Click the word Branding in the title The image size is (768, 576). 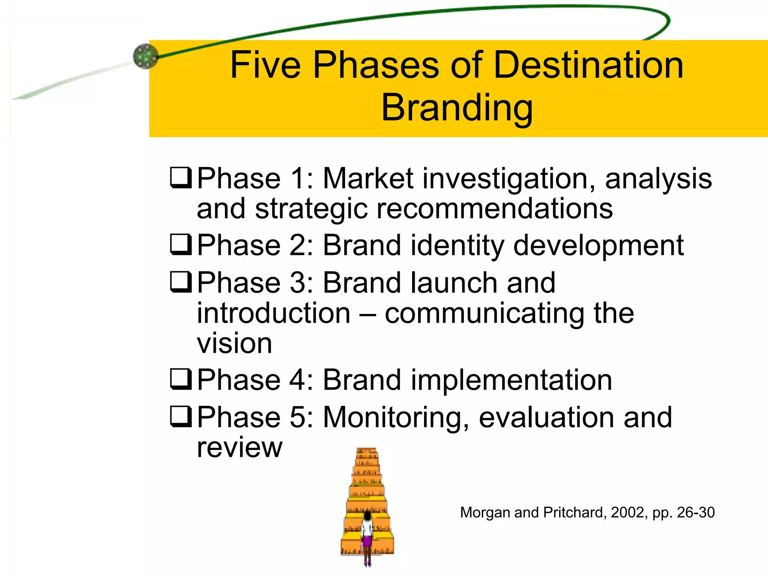coord(457,108)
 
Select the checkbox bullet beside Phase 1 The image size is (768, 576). coord(181,177)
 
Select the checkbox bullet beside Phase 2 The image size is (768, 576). coord(181,244)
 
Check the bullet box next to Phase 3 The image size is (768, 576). coord(181,282)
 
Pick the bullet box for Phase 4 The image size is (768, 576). coord(181,379)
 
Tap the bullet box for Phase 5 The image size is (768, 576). coord(181,416)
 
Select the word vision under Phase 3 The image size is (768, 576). coord(234,343)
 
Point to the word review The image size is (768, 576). coord(239,448)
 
